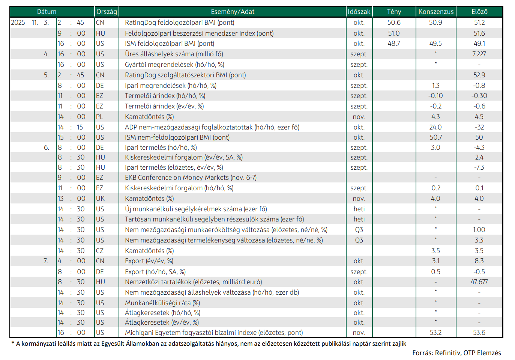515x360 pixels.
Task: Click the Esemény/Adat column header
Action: [x=233, y=12]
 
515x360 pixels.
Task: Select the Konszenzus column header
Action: [x=436, y=12]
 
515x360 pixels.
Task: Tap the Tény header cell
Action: [x=394, y=12]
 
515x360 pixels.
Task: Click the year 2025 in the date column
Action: [x=18, y=23]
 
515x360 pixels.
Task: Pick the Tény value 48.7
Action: [x=394, y=44]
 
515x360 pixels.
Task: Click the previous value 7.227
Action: [x=479, y=54]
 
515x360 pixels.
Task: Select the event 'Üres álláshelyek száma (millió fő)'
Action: [x=174, y=54]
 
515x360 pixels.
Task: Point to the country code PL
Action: [x=99, y=117]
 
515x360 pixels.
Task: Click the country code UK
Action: [x=100, y=199]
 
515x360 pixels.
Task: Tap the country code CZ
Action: [x=100, y=251]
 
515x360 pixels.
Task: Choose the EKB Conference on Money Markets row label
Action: [x=191, y=178]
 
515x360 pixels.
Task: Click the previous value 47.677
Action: [x=479, y=282]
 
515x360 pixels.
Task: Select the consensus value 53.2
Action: [x=436, y=333]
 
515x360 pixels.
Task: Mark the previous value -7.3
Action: [x=479, y=167]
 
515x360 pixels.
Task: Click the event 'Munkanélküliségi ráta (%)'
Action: [x=162, y=303]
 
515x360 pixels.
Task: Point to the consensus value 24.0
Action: [x=436, y=127]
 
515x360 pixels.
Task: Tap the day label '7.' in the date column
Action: [x=46, y=261]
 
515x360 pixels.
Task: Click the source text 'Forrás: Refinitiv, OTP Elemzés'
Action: [x=456, y=353]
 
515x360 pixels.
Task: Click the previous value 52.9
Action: [x=479, y=75]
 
